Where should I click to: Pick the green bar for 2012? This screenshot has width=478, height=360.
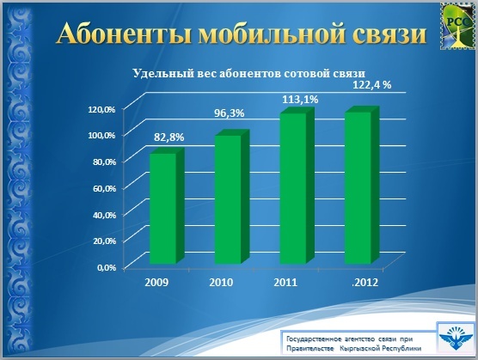point(362,186)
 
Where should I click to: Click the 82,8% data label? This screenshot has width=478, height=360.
point(169,137)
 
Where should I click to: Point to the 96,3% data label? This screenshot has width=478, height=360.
point(229,113)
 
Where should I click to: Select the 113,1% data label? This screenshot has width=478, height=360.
point(300,100)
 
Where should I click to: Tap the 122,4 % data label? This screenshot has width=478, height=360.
point(372,85)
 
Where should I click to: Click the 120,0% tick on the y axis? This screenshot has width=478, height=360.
point(101,109)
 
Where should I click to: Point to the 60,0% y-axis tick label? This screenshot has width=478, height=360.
point(104,188)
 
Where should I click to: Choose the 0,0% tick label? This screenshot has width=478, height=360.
point(107,268)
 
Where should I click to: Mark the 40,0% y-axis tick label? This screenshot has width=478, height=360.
point(104,215)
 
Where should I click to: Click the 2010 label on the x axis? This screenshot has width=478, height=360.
point(221,283)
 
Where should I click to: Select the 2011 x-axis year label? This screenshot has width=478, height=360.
point(285,283)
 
